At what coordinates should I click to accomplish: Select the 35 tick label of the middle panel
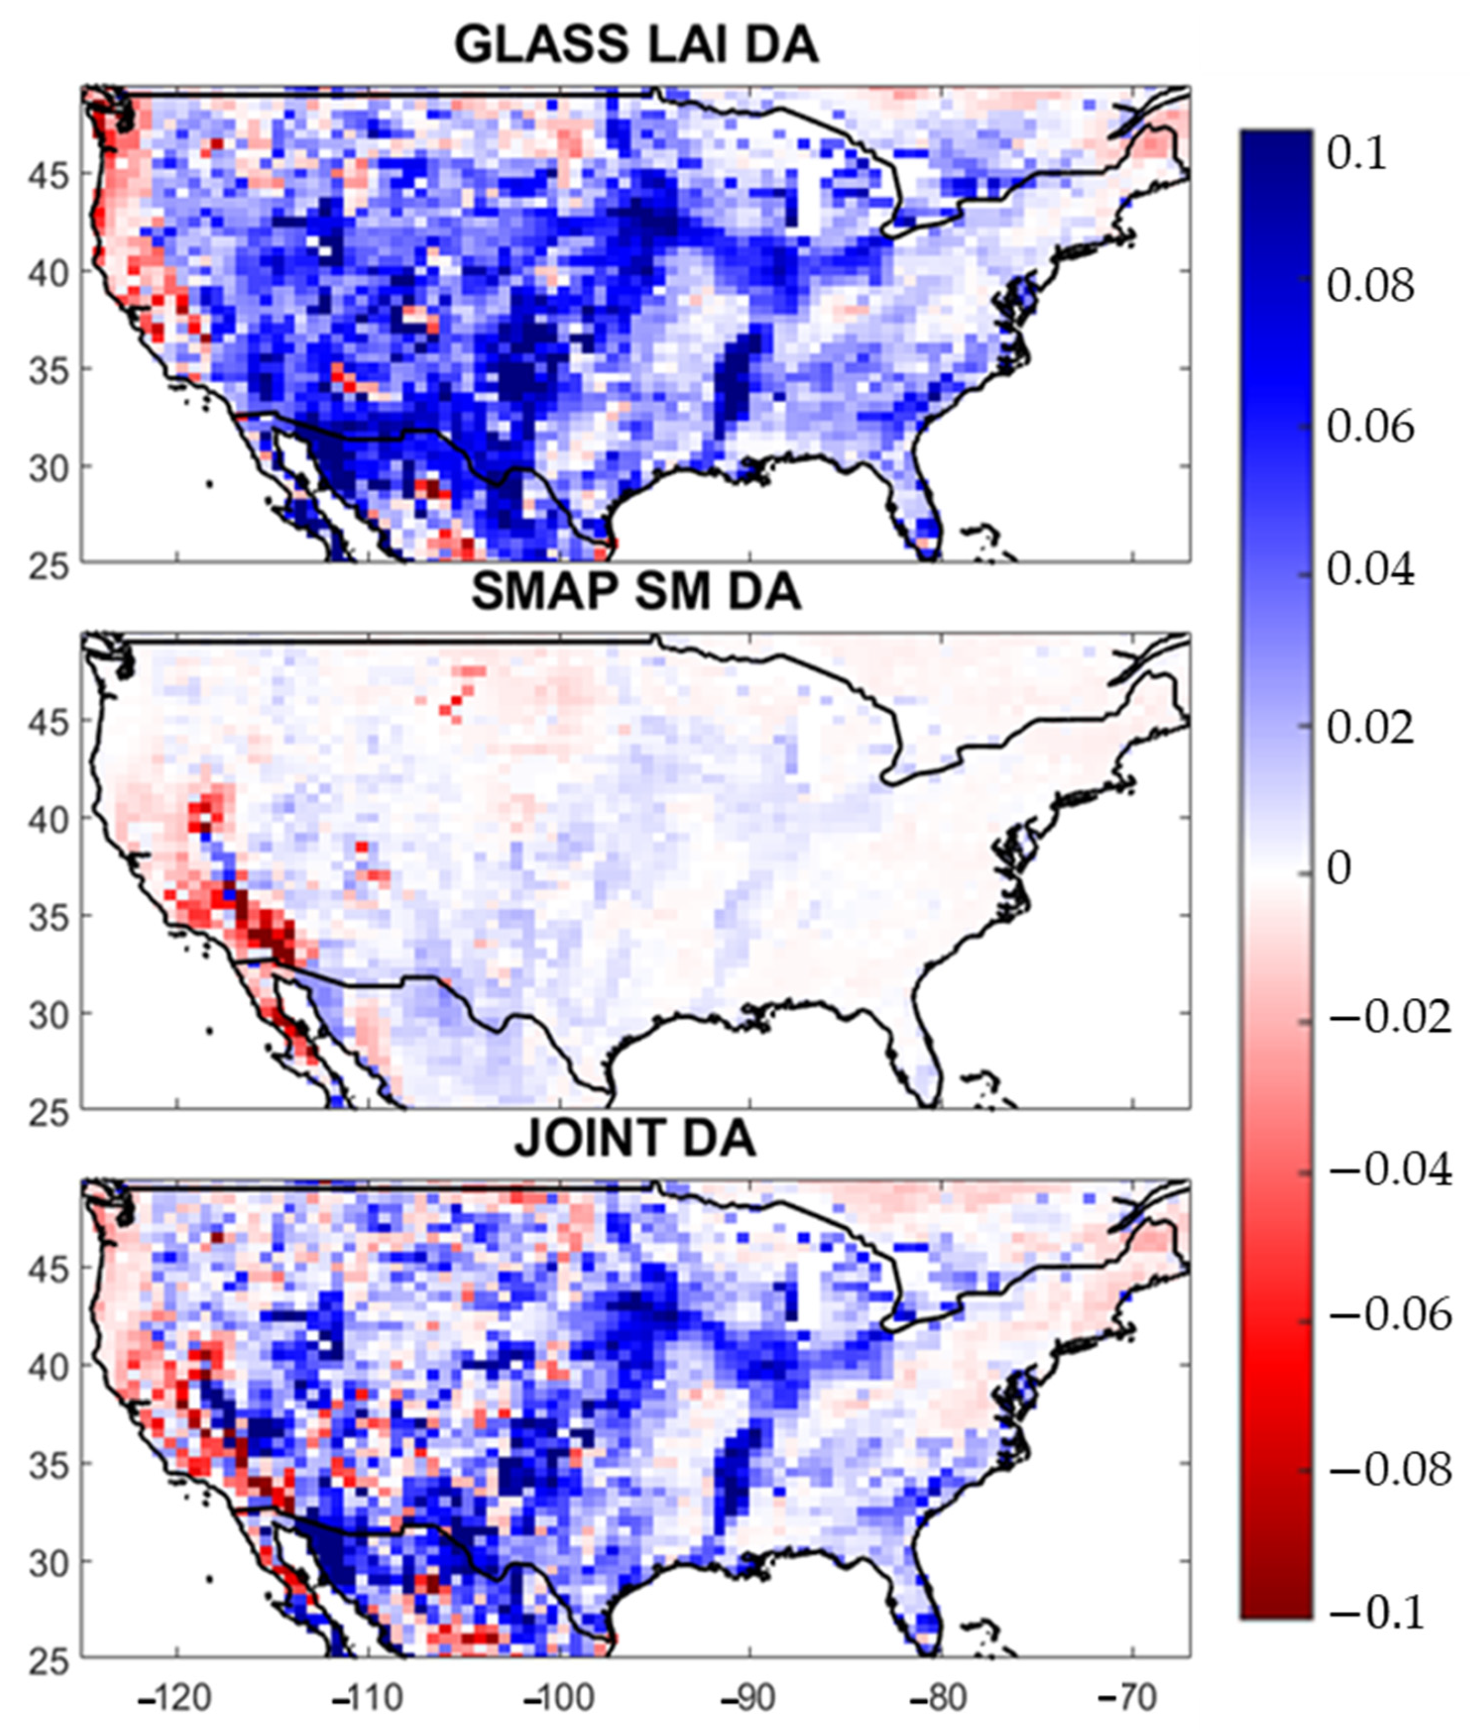pos(49,916)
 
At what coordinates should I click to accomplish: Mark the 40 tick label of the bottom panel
pos(49,1366)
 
